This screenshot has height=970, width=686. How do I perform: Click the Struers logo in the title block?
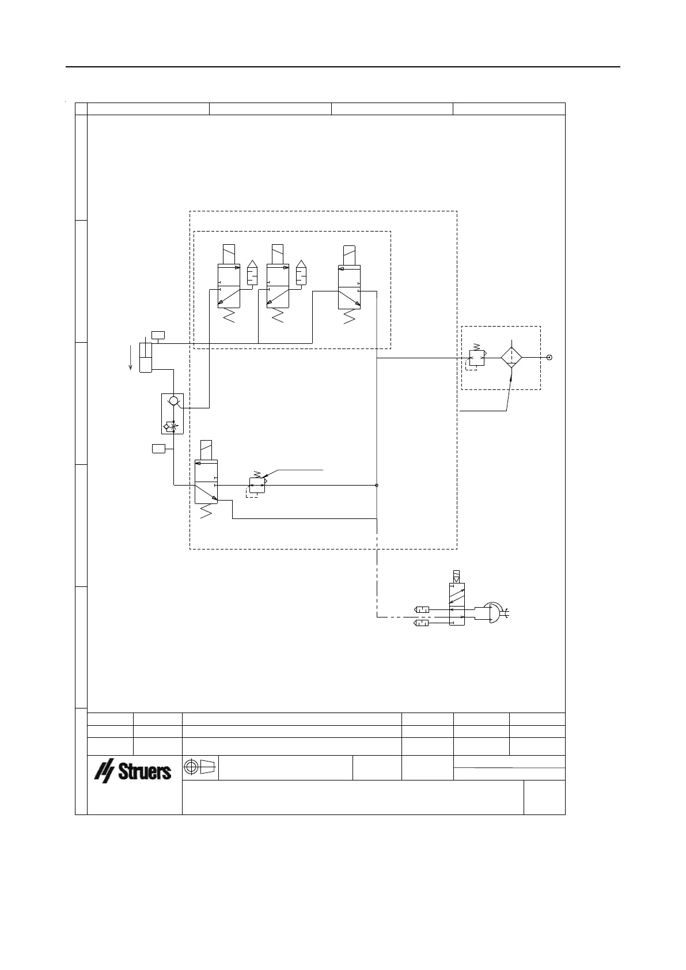tap(133, 771)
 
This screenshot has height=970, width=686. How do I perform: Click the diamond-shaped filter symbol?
tap(510, 358)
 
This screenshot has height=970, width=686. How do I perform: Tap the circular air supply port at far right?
tap(550, 357)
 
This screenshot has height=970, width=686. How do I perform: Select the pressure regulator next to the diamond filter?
tap(477, 358)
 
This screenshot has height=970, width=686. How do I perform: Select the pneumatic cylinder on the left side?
tap(145, 357)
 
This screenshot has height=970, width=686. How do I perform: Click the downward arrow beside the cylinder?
tap(131, 357)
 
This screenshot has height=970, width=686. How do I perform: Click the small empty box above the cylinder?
tap(158, 335)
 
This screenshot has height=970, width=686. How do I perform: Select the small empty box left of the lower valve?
tap(158, 448)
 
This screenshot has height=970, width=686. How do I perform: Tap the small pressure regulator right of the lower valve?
tap(257, 485)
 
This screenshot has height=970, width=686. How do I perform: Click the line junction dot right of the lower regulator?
tap(377, 485)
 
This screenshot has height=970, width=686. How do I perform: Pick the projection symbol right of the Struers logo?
tap(200, 767)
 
